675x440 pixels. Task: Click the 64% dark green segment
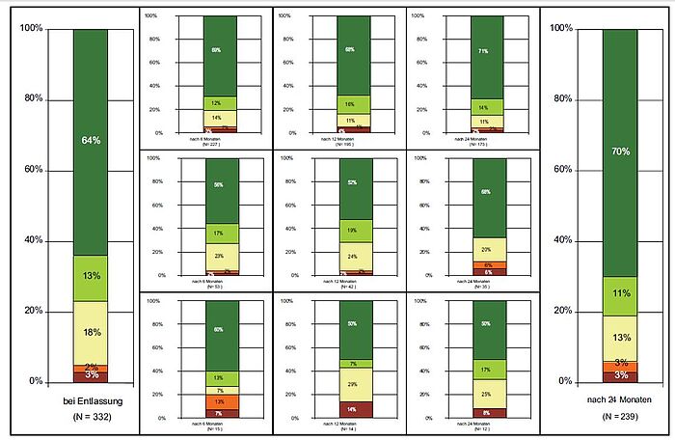coord(91,142)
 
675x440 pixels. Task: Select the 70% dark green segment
coord(619,151)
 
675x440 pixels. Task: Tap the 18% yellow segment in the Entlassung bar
coord(91,333)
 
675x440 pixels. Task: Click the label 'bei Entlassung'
coord(91,400)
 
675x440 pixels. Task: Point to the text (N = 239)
coord(620,416)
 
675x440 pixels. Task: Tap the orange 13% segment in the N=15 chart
coord(221,401)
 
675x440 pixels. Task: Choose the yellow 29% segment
coord(355,384)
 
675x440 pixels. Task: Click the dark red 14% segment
coord(355,409)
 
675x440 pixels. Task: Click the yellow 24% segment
coord(355,257)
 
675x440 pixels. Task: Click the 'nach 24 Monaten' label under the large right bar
coord(620,399)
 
